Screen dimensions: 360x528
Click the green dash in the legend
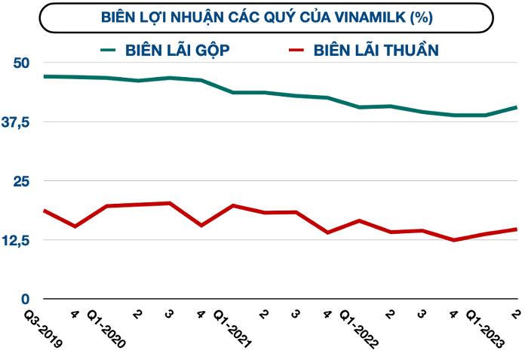(109, 50)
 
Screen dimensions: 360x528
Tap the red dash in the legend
(296, 50)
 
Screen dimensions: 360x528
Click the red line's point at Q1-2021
(233, 205)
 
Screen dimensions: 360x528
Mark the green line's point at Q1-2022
(359, 107)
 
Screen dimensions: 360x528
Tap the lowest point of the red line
(453, 240)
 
